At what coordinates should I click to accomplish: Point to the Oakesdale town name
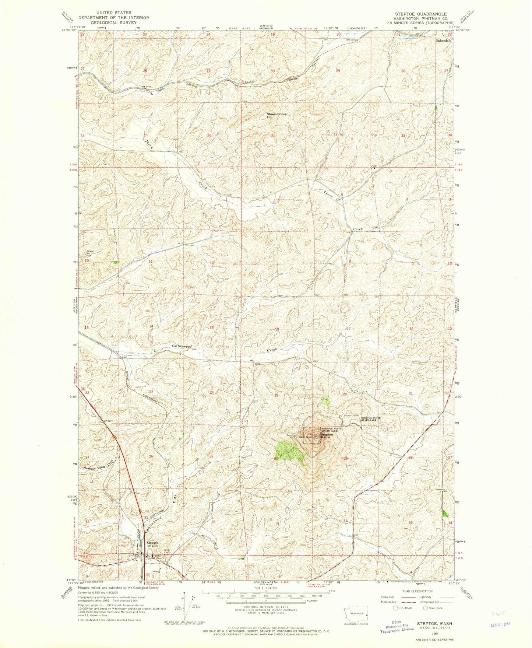(443, 41)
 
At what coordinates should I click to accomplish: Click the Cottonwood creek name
(182, 347)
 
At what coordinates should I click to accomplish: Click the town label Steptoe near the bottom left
(152, 543)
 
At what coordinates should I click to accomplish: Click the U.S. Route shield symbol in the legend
(396, 608)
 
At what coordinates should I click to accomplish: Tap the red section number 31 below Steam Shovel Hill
(273, 135)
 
